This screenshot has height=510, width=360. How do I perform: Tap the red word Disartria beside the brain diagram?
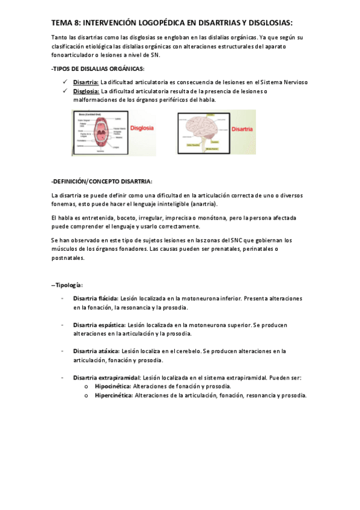pos(242,129)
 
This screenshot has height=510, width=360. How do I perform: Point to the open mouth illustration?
pos(100,132)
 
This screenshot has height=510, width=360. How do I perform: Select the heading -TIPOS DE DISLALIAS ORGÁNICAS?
pos(98,69)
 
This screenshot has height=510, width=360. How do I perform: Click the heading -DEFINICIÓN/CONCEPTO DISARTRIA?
pos(102,181)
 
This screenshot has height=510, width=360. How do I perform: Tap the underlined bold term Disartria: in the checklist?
pos(86,82)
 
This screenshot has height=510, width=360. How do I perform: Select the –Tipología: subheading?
pos(67,284)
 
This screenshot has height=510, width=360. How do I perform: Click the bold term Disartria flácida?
pos(96,298)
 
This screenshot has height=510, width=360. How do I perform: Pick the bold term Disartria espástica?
pos(99,325)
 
